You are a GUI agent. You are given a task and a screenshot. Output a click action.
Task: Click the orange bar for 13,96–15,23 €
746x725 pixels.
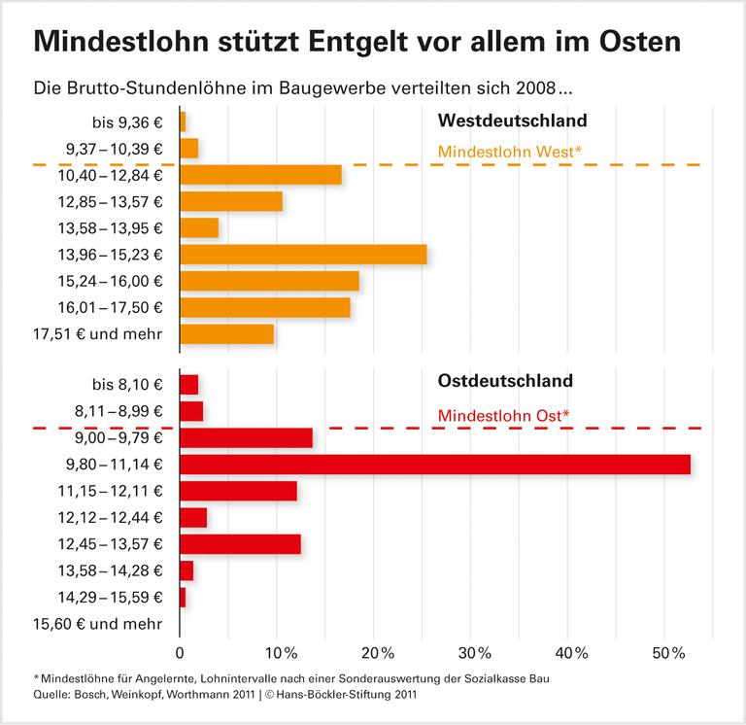303,255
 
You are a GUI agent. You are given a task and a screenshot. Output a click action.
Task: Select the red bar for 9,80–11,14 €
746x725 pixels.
435,465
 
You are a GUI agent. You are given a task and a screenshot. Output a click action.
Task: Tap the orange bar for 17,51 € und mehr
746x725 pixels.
227,334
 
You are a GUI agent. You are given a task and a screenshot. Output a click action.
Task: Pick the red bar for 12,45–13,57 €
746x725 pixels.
241,544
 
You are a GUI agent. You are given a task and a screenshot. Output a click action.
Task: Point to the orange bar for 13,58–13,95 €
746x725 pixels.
199,228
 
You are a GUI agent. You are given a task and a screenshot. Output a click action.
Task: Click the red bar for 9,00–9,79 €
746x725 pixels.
247,437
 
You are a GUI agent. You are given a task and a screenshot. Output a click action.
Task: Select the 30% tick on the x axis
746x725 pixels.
472,650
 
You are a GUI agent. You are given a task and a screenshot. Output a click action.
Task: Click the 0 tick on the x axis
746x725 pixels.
180,650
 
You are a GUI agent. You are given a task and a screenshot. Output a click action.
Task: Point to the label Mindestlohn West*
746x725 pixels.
510,152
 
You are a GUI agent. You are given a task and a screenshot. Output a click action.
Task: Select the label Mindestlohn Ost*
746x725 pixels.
503,416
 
